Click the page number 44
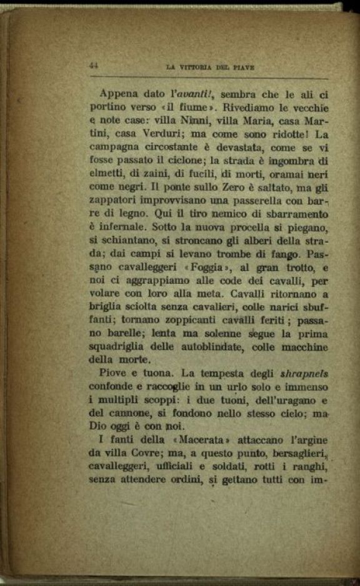pyautogui.click(x=95, y=64)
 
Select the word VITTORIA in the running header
pyautogui.click(x=190, y=66)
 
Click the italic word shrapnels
pyautogui.click(x=302, y=374)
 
